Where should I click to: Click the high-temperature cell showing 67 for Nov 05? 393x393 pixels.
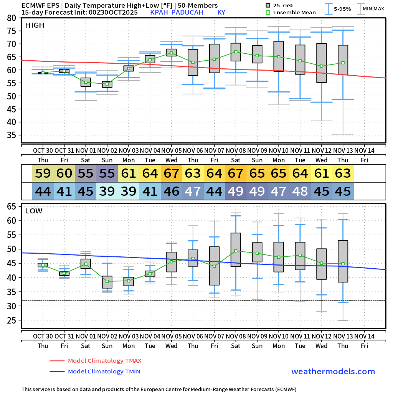(x=172, y=173)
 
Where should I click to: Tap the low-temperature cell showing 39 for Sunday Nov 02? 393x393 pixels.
(x=107, y=191)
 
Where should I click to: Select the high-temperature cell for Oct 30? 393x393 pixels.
(x=43, y=173)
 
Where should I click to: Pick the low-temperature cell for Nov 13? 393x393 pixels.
(x=343, y=191)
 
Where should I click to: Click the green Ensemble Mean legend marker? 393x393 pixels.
(x=269, y=12)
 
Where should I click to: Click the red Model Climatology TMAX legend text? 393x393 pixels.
(x=104, y=361)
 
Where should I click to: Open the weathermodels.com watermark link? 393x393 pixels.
(x=333, y=372)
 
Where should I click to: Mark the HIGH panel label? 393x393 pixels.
(x=35, y=25)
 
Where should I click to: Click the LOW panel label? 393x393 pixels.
(x=34, y=211)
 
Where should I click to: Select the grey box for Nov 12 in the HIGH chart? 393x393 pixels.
(x=322, y=63)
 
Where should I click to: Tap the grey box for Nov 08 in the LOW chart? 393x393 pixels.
(x=236, y=250)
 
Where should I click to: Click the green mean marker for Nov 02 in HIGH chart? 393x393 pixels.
(x=107, y=84)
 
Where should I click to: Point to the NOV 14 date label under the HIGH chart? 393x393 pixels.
(x=364, y=150)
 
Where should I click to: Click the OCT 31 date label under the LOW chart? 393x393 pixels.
(x=64, y=336)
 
